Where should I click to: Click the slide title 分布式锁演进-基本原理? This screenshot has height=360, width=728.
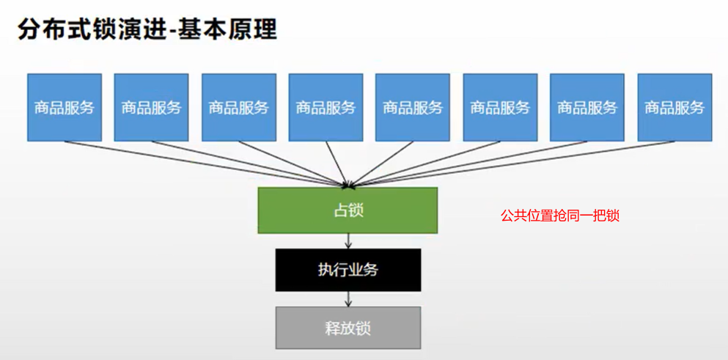[147, 31]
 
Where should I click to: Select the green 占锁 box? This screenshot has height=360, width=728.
[348, 210]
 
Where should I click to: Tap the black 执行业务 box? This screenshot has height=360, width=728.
[348, 270]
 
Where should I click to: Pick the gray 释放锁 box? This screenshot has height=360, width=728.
[348, 328]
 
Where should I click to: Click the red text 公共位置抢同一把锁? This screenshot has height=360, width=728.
[560, 216]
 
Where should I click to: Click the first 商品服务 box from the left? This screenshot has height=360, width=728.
[65, 107]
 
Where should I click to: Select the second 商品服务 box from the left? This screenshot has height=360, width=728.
[152, 107]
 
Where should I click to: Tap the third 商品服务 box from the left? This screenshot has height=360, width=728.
[239, 107]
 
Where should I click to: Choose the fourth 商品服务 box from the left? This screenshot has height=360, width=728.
[326, 107]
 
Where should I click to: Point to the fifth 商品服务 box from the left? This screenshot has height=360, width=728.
[413, 107]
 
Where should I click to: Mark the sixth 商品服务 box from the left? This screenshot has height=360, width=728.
[500, 107]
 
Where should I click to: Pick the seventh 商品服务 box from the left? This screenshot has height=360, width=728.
[587, 107]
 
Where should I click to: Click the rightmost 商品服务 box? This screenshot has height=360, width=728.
[674, 107]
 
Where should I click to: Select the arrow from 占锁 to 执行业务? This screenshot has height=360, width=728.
[348, 240]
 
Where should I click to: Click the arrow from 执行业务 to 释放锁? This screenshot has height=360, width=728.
[348, 299]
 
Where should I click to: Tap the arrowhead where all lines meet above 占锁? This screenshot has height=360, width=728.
[348, 183]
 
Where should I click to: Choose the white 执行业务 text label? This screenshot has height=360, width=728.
[348, 270]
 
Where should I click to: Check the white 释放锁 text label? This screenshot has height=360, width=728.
[348, 328]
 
